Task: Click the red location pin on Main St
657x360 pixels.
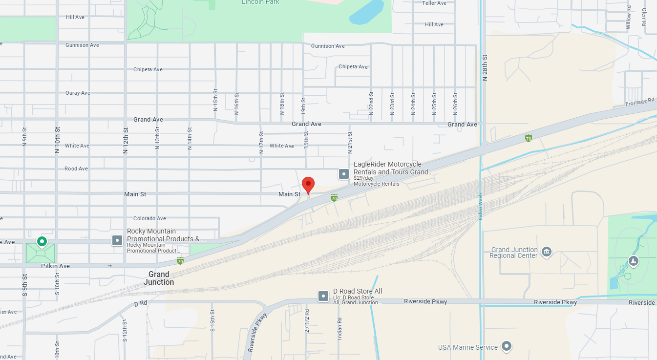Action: click(308, 185)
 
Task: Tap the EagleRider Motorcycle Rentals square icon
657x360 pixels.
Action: click(344, 173)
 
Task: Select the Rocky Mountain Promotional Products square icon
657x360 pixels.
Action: click(117, 240)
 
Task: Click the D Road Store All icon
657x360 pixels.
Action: click(323, 296)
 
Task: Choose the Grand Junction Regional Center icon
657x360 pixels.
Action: click(547, 251)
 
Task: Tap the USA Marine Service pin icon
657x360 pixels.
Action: click(507, 346)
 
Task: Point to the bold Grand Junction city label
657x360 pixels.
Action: click(159, 278)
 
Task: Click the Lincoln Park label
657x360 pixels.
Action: click(261, 2)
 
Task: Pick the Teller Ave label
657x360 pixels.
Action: click(434, 3)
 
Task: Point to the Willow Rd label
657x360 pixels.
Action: click(629, 18)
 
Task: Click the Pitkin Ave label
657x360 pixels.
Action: click(55, 266)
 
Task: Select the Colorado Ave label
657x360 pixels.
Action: click(149, 218)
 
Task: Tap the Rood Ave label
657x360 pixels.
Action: click(76, 169)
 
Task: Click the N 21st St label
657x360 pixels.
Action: click(350, 141)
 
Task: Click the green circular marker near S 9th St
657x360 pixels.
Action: click(42, 241)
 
